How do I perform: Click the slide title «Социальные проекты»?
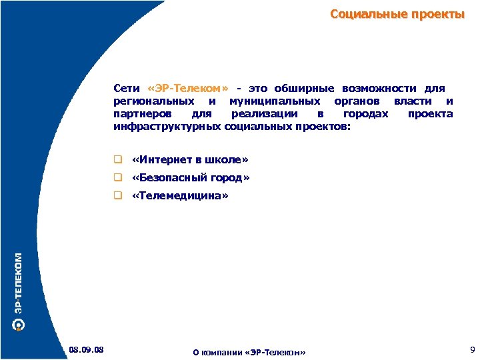click(397, 15)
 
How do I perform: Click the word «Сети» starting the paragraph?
click(127, 89)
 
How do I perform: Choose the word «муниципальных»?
click(273, 101)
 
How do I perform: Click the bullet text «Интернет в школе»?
click(190, 160)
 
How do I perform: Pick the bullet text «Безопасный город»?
click(191, 178)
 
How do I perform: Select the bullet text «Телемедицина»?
click(180, 196)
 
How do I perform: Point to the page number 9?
click(472, 349)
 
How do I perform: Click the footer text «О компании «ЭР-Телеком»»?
click(249, 352)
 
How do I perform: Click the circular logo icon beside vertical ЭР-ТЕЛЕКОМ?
click(19, 325)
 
